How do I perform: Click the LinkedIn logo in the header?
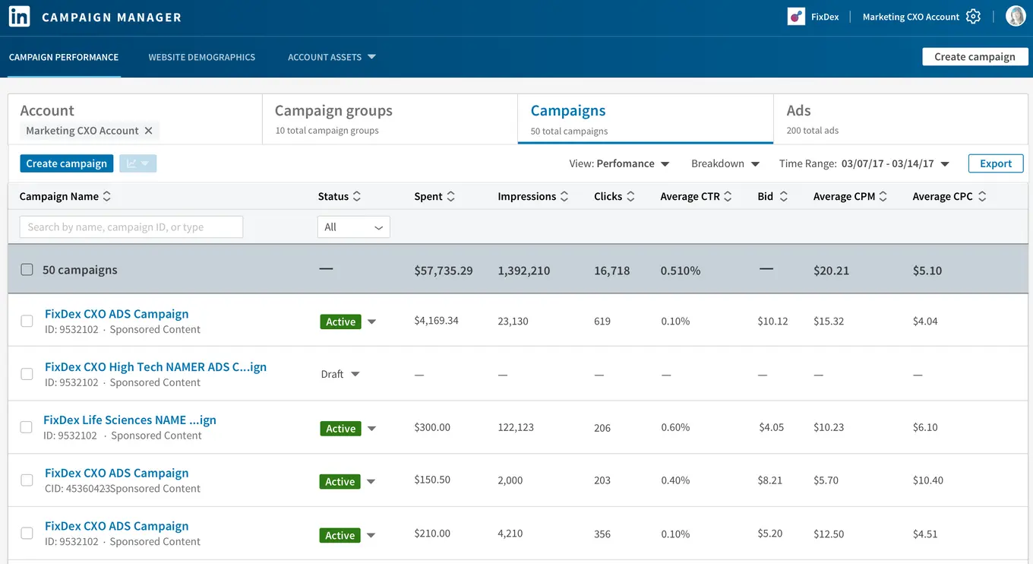point(19,17)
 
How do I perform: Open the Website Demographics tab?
point(201,57)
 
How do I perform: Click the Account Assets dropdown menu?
point(331,57)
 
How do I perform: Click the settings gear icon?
point(973,17)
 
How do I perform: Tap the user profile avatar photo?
point(1016,16)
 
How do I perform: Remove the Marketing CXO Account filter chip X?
point(149,131)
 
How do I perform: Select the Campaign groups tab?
point(333,111)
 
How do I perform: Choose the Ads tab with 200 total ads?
point(799,111)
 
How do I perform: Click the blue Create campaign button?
point(67,163)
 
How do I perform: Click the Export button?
point(995,163)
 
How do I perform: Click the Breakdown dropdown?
point(725,163)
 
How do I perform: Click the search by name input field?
point(131,227)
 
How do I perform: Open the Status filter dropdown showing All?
point(353,227)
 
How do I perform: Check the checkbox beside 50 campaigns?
point(27,270)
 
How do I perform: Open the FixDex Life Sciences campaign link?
point(130,420)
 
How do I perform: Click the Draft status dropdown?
point(340,374)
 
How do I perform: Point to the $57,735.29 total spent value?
point(444,271)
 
